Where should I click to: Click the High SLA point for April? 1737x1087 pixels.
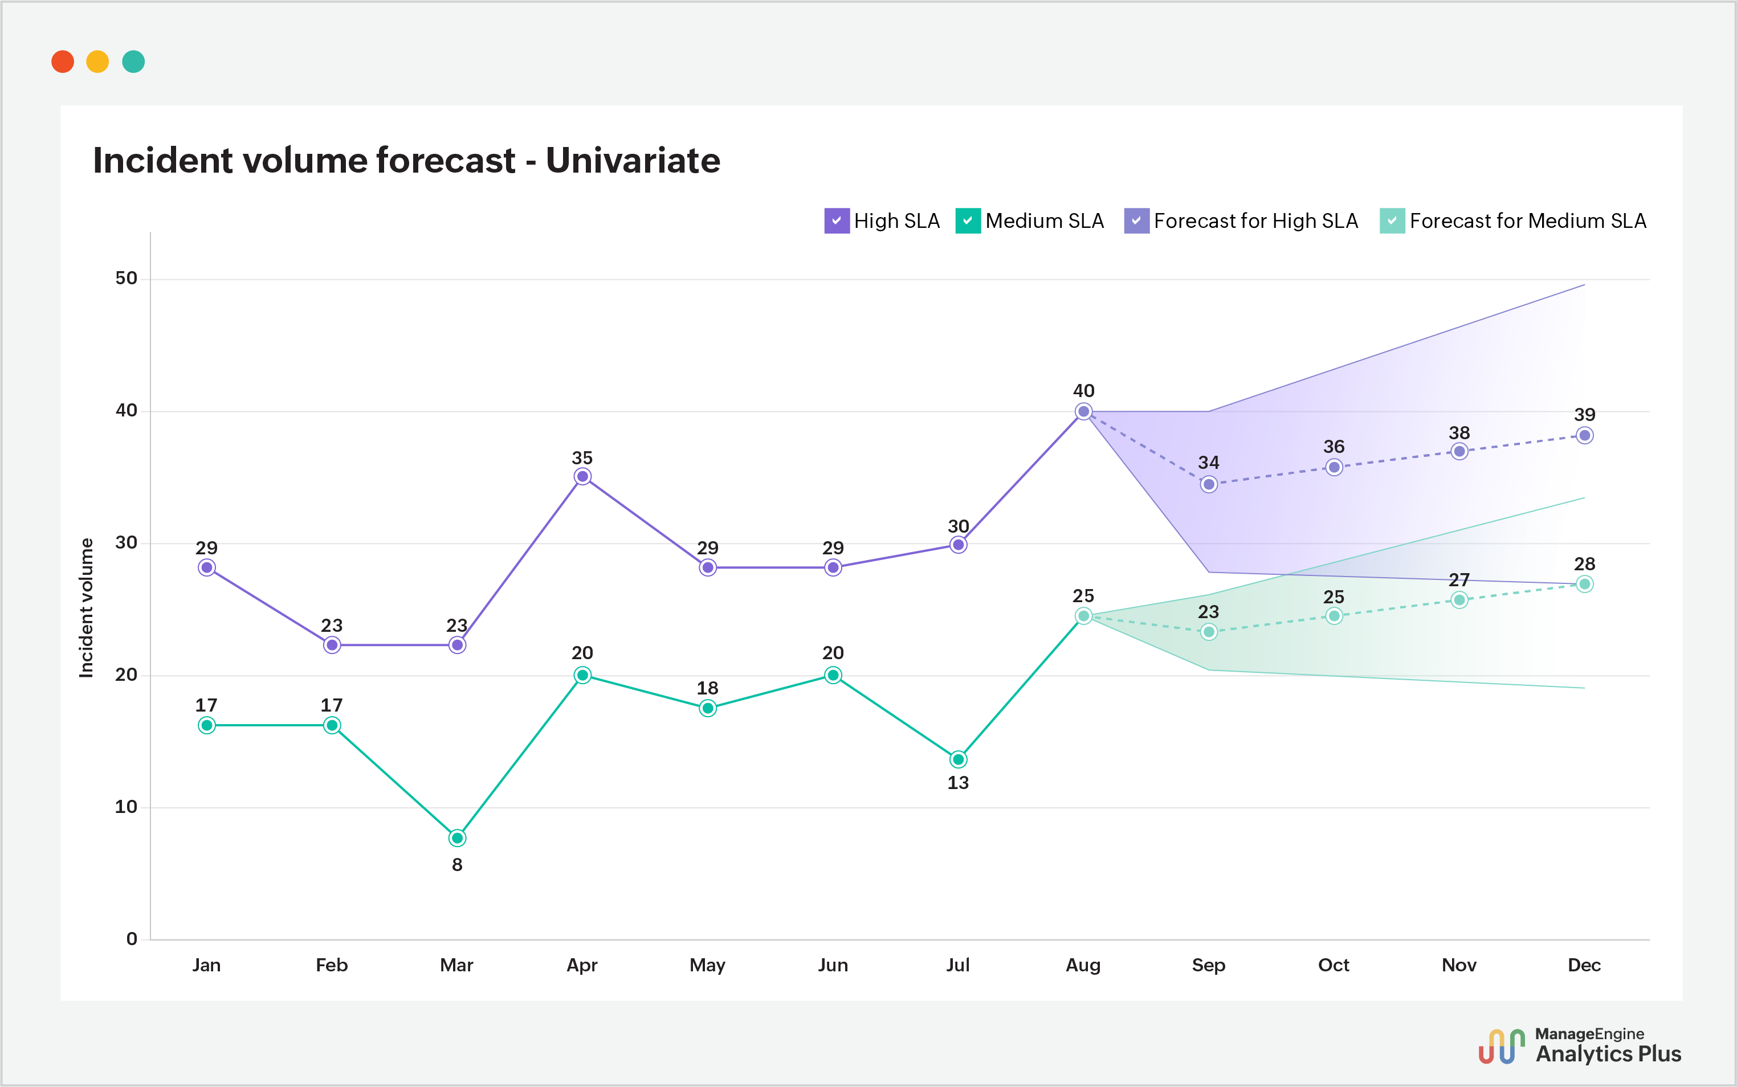[x=582, y=477]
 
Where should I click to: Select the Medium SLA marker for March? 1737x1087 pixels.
[x=457, y=838]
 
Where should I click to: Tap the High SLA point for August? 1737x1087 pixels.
[x=1083, y=411]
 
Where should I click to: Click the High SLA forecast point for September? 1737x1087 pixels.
[x=1209, y=485]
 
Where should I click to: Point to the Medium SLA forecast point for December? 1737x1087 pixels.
[x=1585, y=585]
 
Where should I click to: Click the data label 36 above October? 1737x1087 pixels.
[x=1334, y=447]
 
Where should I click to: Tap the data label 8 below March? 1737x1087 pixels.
[x=457, y=865]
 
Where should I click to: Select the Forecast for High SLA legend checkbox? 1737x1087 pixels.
[x=1136, y=220]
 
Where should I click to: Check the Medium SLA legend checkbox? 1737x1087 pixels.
[x=968, y=220]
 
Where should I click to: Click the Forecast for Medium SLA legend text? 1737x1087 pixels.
[x=1527, y=220]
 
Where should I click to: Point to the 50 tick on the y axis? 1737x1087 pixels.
[x=127, y=278]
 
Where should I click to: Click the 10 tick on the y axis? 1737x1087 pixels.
[x=127, y=807]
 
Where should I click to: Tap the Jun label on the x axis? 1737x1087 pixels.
[x=833, y=965]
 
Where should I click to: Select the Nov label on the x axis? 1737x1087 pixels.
[x=1459, y=965]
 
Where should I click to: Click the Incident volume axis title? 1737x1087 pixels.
[x=86, y=607]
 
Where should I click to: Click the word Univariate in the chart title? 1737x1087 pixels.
[x=633, y=160]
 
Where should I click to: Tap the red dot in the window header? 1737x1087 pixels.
[x=63, y=62]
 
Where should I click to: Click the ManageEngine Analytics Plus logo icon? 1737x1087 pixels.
[x=1501, y=1047]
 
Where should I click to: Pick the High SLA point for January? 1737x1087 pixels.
[x=206, y=568]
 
